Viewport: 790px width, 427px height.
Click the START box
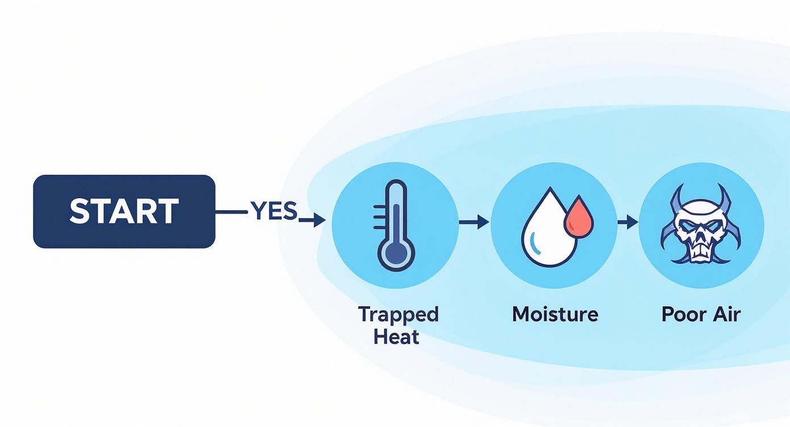click(124, 211)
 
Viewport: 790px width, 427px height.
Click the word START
click(124, 211)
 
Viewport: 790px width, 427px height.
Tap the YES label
click(274, 211)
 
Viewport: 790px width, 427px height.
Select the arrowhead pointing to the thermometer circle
click(320, 220)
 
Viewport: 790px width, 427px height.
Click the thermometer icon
click(394, 225)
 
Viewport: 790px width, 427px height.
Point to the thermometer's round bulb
click(396, 254)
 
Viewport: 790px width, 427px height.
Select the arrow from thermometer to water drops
click(474, 222)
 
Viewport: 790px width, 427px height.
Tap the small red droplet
click(579, 217)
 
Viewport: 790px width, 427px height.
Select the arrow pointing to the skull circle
click(628, 222)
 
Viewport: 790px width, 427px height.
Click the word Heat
click(396, 337)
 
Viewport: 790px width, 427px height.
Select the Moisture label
click(555, 314)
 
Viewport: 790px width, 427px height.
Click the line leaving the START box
click(232, 212)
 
